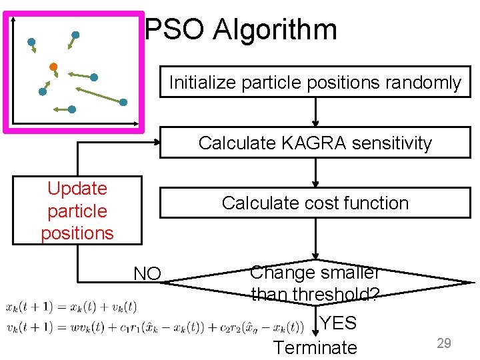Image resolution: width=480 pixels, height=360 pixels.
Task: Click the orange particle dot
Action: click(53, 67)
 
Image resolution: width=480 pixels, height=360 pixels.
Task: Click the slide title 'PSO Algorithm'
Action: click(241, 30)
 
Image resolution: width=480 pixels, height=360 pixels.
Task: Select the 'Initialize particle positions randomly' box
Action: click(315, 83)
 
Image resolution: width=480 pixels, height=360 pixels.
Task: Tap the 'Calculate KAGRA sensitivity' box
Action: click(315, 143)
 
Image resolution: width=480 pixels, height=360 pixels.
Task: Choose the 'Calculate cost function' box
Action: click(315, 203)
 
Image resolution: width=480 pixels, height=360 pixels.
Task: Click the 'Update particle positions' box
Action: click(77, 211)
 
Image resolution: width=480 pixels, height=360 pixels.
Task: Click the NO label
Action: click(147, 274)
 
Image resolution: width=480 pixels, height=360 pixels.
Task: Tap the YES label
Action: click(338, 324)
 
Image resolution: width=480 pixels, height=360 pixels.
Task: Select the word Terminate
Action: click(315, 347)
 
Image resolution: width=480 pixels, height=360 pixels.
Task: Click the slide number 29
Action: click(444, 343)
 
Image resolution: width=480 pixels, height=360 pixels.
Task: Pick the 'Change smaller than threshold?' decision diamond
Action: click(315, 283)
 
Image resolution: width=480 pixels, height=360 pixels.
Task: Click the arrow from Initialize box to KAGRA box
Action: click(315, 113)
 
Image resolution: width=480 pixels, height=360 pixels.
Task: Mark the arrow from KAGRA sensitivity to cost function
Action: click(315, 173)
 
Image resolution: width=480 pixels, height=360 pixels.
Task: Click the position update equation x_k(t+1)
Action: click(71, 307)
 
